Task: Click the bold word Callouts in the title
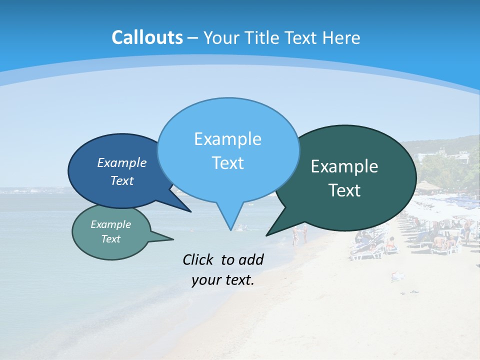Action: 147,37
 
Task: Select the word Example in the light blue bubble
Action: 227,139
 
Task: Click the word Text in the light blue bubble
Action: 227,163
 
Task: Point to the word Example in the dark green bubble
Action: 344,166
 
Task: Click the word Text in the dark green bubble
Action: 344,190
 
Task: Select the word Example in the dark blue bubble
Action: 121,163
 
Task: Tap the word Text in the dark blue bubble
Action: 121,181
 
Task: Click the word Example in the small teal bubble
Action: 110,224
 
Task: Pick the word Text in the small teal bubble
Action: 110,239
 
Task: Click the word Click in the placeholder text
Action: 199,259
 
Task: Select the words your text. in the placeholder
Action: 222,280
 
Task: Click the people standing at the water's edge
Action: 299,234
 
